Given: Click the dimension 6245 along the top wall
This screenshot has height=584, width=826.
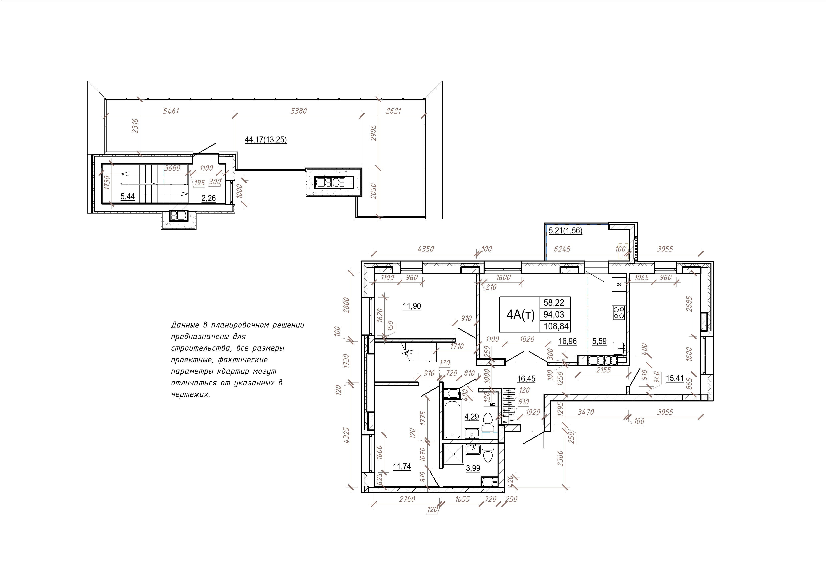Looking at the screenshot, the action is click(562, 249).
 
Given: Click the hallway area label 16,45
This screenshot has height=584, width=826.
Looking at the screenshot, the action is click(526, 379).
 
